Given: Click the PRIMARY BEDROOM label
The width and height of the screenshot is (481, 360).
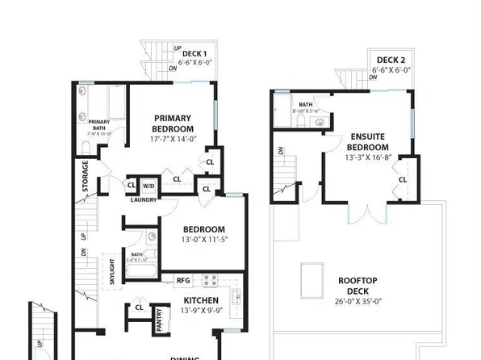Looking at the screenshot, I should pos(174,123).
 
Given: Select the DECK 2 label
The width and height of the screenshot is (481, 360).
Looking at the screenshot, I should pos(390,61).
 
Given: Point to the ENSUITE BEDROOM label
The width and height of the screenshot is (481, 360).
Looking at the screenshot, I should pos(369,142).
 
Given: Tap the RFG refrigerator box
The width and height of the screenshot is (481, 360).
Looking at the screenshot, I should pos(182,282).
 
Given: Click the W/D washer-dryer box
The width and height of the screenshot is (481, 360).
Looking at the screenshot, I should pos(148,185).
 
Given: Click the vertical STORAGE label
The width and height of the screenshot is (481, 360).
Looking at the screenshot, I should pos(86,176).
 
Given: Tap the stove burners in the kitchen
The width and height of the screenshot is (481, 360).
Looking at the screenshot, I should pos(210,281).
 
